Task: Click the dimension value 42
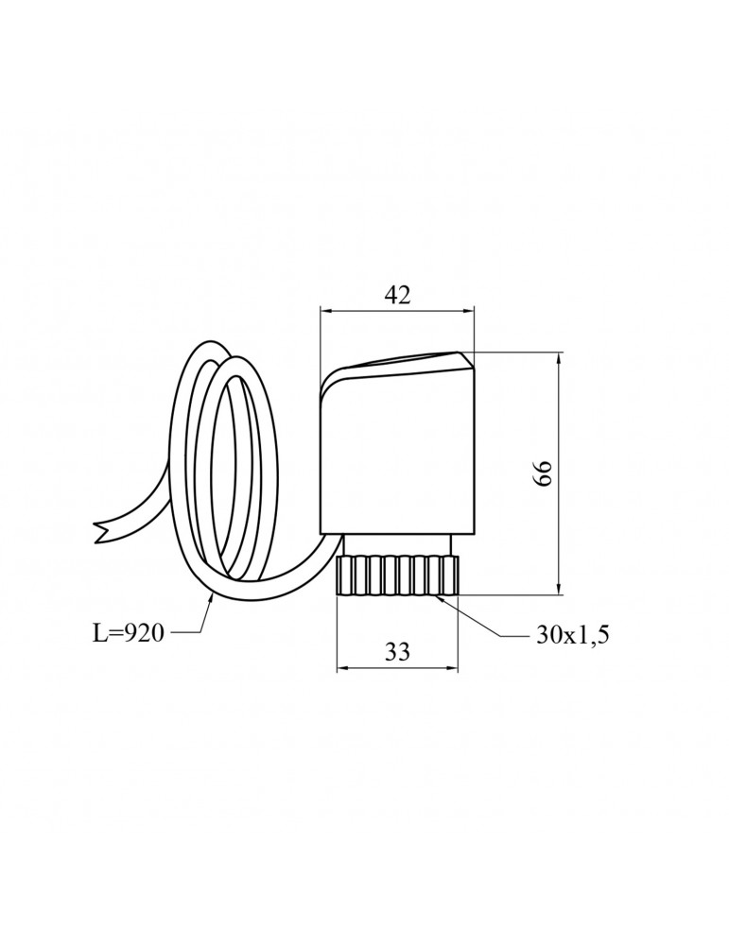tap(397, 295)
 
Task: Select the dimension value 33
tap(397, 651)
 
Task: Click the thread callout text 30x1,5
tap(572, 634)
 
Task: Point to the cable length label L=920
tap(128, 633)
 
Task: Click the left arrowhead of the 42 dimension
tap(325, 311)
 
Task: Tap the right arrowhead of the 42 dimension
tap(468, 311)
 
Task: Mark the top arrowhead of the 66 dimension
tap(559, 359)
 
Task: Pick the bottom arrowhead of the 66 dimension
tap(559, 588)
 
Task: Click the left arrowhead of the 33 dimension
tap(342, 668)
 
